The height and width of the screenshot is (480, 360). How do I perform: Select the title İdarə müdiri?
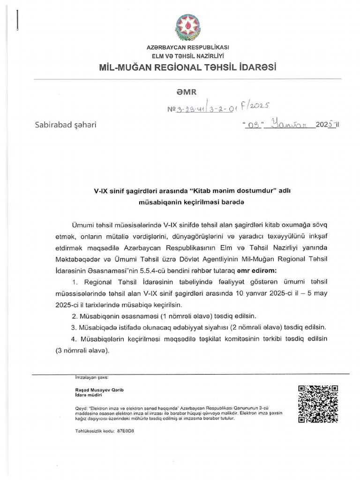click(x=88, y=396)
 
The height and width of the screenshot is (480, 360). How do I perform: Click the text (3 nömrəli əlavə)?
click(x=88, y=349)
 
